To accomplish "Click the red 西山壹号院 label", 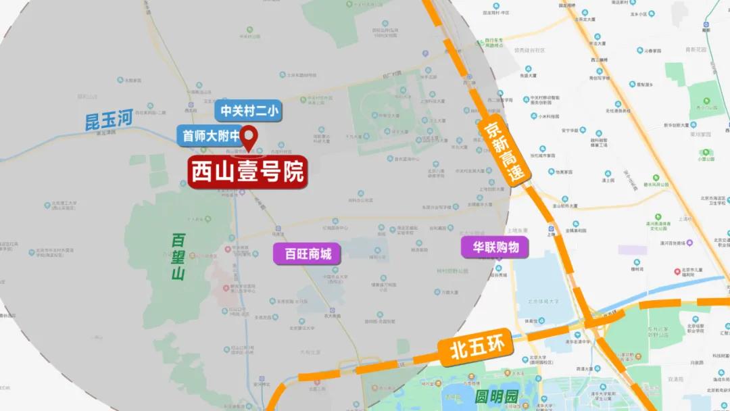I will [247, 173].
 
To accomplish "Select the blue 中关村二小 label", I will [249, 112].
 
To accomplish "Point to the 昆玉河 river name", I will [107, 120].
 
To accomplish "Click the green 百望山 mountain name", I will [178, 257].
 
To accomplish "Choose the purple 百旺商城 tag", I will [308, 254].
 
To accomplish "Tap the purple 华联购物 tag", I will [495, 247].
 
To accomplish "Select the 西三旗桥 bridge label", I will [598, 60].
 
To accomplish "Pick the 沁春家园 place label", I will [652, 51].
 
